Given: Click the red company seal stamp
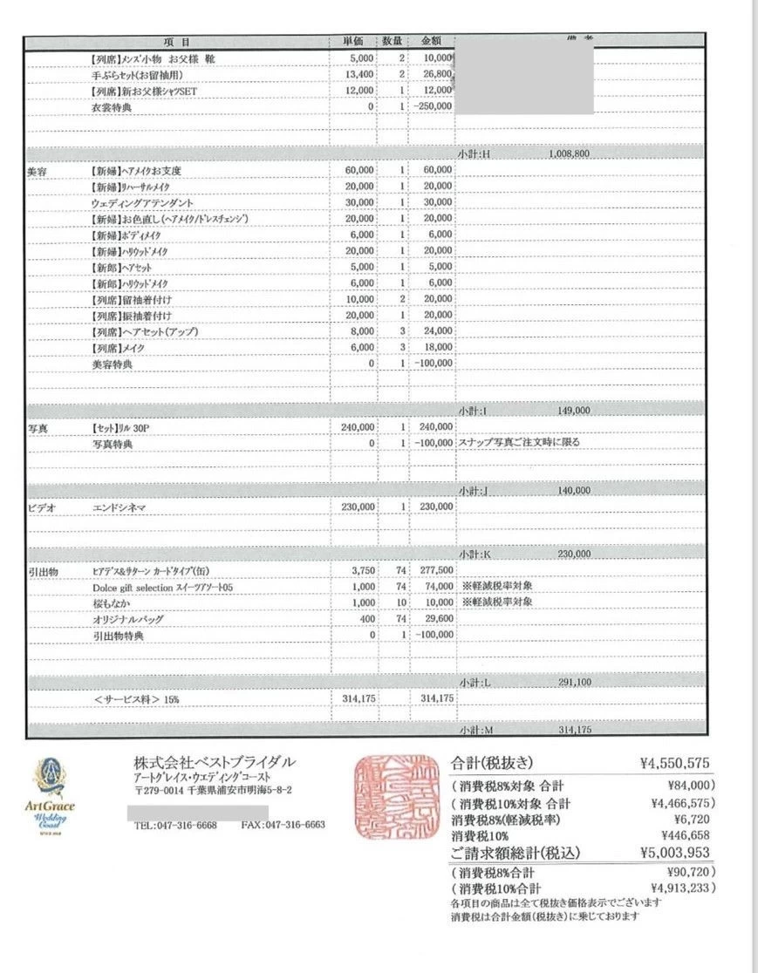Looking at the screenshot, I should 396,797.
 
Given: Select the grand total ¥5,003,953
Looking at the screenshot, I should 674,853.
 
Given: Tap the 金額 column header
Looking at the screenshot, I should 432,42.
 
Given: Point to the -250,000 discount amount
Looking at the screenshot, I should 434,106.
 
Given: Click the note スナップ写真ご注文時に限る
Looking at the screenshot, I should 519,442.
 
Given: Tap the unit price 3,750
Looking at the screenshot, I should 362,570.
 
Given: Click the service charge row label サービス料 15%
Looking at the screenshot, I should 142,699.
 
